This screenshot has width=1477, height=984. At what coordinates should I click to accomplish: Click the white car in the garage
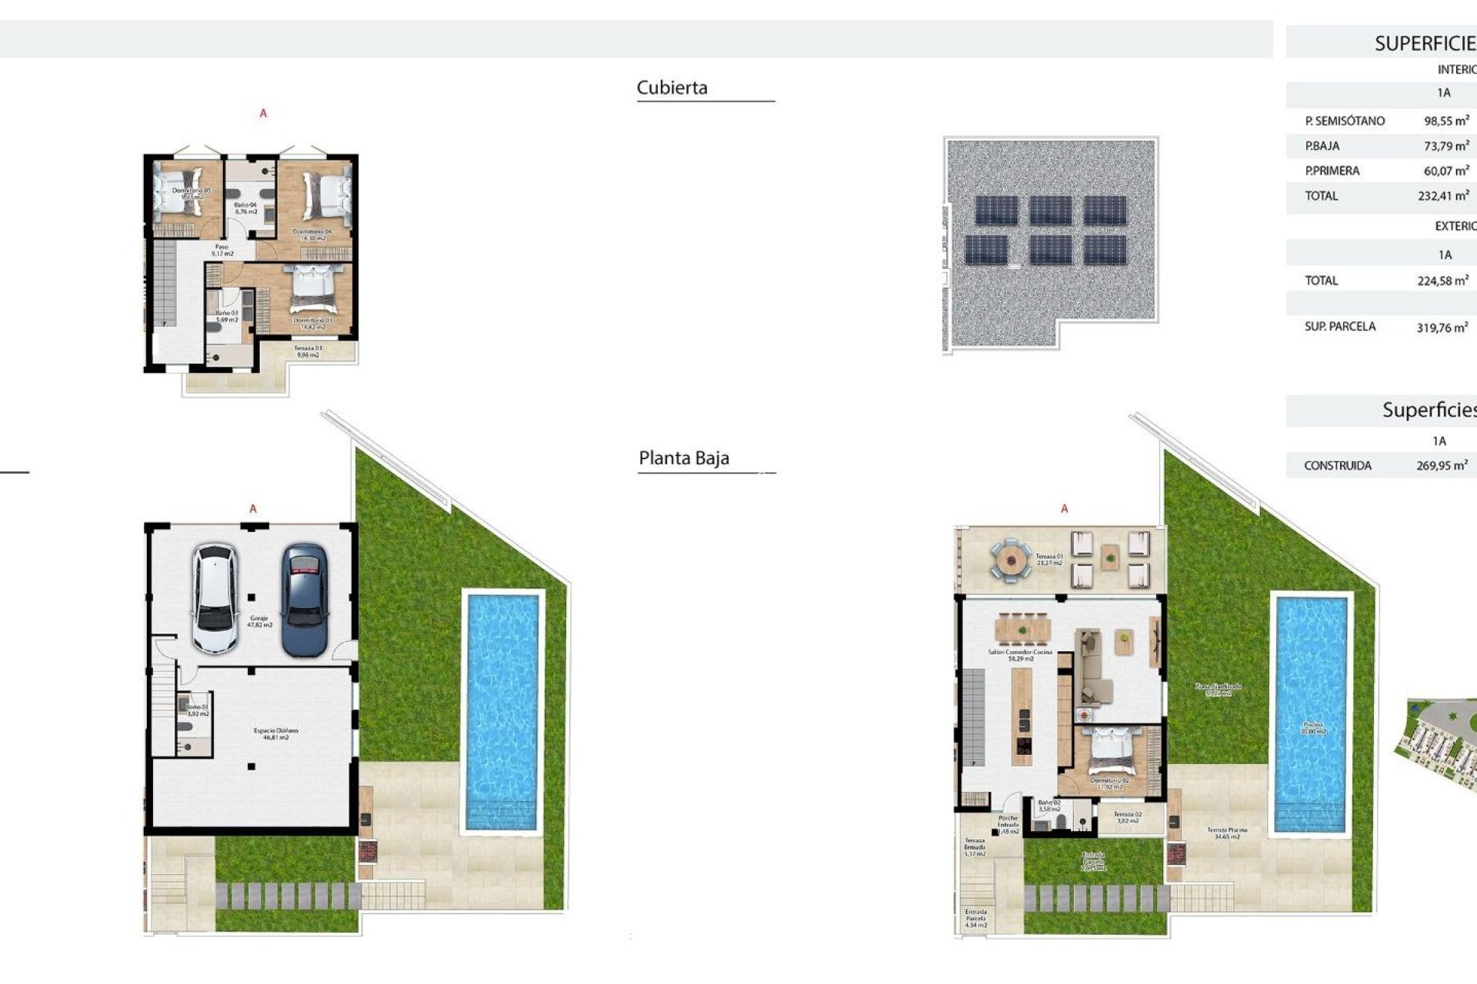[x=215, y=599]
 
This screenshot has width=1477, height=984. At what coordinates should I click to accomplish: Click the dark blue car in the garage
[x=305, y=600]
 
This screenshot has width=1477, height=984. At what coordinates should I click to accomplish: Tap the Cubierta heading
[x=672, y=88]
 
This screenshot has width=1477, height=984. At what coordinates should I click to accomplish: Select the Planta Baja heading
[x=683, y=458]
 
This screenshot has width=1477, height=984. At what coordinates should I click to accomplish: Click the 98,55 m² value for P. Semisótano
[x=1446, y=121]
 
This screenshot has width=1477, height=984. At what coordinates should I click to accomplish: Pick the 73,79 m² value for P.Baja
[x=1446, y=145]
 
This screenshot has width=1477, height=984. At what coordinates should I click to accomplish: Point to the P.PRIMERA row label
[x=1332, y=171]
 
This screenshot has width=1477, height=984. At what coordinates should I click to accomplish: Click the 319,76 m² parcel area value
[x=1442, y=327]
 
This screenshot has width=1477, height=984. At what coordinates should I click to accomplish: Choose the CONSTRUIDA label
[x=1337, y=466]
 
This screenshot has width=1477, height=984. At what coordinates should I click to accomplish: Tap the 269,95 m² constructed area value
[x=1442, y=466]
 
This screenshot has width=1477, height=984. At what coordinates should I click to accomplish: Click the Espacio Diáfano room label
[x=275, y=733]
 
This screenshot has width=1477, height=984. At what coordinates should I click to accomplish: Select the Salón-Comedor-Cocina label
[x=1020, y=655]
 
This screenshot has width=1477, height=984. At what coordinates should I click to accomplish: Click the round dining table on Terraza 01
[x=1010, y=560]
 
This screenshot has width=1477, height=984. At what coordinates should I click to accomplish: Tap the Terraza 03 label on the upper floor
[x=308, y=351]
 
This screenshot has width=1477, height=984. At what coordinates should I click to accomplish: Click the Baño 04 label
[x=245, y=208]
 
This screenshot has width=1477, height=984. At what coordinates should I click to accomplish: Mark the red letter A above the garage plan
[x=253, y=509]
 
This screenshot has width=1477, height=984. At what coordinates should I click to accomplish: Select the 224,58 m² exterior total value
[x=1442, y=281]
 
